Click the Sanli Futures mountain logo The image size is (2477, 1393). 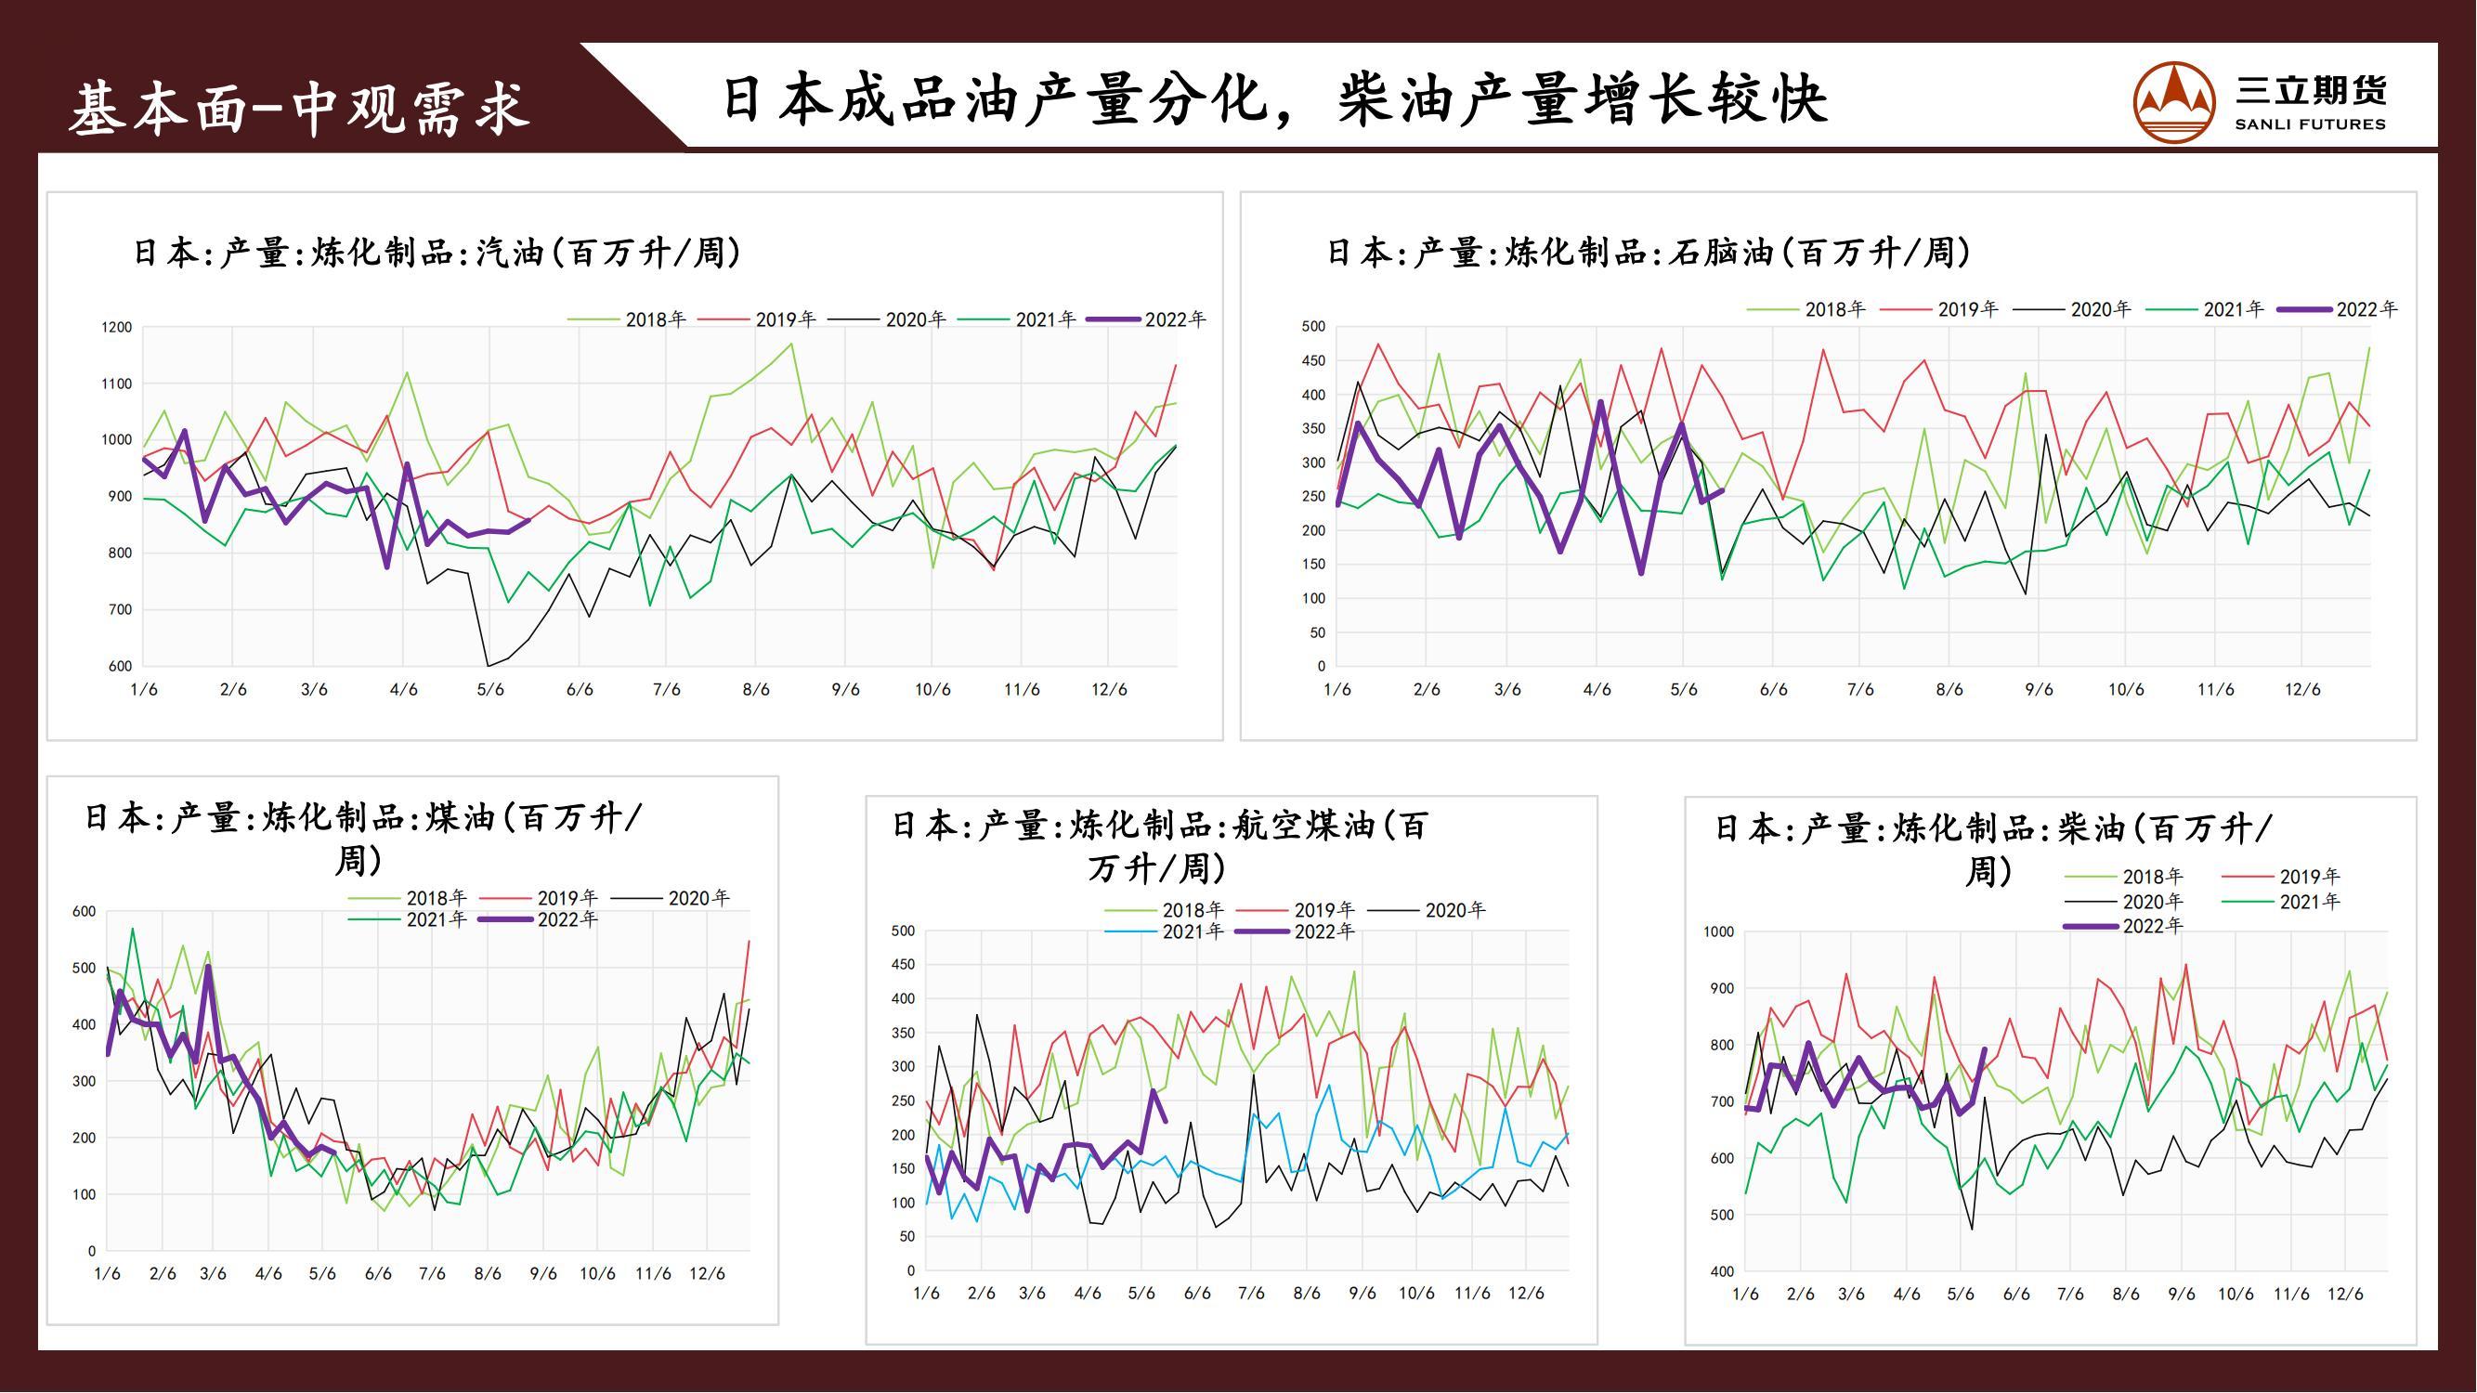point(2174,102)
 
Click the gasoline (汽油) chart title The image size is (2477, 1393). point(437,253)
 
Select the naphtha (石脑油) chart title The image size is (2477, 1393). point(1649,253)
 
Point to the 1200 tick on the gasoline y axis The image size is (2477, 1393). point(116,328)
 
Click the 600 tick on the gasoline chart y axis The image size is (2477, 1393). point(119,666)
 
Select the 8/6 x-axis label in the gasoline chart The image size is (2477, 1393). point(756,690)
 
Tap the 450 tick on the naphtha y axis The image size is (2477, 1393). point(1312,361)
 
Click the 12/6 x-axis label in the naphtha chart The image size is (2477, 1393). point(2302,690)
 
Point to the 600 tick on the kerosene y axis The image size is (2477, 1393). point(85,912)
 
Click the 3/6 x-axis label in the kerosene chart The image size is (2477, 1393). point(213,1274)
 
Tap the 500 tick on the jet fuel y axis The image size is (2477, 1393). point(903,931)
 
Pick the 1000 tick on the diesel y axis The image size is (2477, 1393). point(1718,932)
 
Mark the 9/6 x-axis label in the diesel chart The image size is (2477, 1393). point(2181,1294)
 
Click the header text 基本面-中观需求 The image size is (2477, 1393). point(299,108)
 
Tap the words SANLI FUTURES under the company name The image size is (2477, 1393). point(2310,125)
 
